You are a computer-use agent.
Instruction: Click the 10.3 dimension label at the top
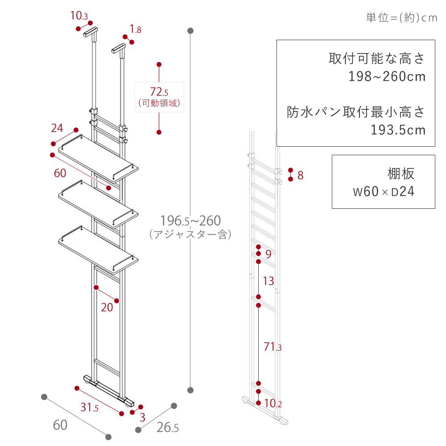[x=79, y=16]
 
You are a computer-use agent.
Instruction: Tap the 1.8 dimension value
[x=136, y=29]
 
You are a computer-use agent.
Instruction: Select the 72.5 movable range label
[x=159, y=92]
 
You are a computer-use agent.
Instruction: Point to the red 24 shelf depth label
[x=57, y=128]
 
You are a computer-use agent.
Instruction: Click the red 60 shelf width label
[x=60, y=173]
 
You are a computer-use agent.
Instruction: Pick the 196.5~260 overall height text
[x=190, y=220]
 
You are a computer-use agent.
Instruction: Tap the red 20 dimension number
[x=107, y=307]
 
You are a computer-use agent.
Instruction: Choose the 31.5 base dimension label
[x=89, y=407]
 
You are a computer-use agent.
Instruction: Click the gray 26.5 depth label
[x=168, y=428]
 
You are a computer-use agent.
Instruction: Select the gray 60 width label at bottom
[x=60, y=425]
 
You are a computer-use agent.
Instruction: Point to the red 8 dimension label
[x=300, y=175]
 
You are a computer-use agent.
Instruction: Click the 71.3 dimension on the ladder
[x=273, y=347]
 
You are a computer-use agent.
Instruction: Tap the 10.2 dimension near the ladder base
[x=273, y=403]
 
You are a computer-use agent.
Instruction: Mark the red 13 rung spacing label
[x=268, y=281]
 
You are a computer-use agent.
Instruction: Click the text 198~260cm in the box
[x=387, y=76]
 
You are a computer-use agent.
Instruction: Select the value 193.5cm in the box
[x=398, y=130]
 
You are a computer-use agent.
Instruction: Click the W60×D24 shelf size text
[x=384, y=191]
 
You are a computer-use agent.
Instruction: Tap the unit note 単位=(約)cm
[x=401, y=18]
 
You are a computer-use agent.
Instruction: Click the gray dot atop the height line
[x=190, y=31]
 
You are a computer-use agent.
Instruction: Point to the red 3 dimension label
[x=143, y=417]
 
